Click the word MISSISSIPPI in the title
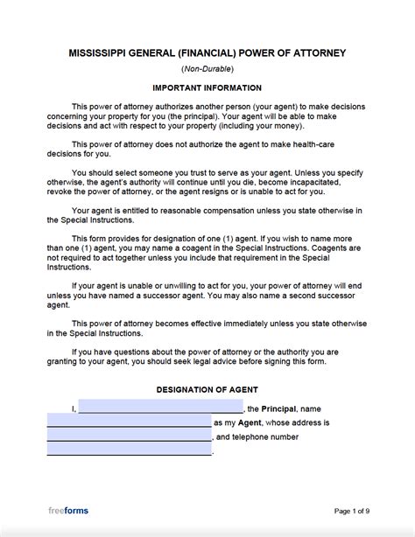click(x=96, y=53)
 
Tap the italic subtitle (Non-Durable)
click(x=207, y=69)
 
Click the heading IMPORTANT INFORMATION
click(x=207, y=88)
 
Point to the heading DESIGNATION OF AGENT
click(x=207, y=389)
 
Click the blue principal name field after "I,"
click(x=160, y=408)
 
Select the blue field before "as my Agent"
click(x=129, y=422)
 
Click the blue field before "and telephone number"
click(x=129, y=436)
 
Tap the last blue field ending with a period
click(x=129, y=450)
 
